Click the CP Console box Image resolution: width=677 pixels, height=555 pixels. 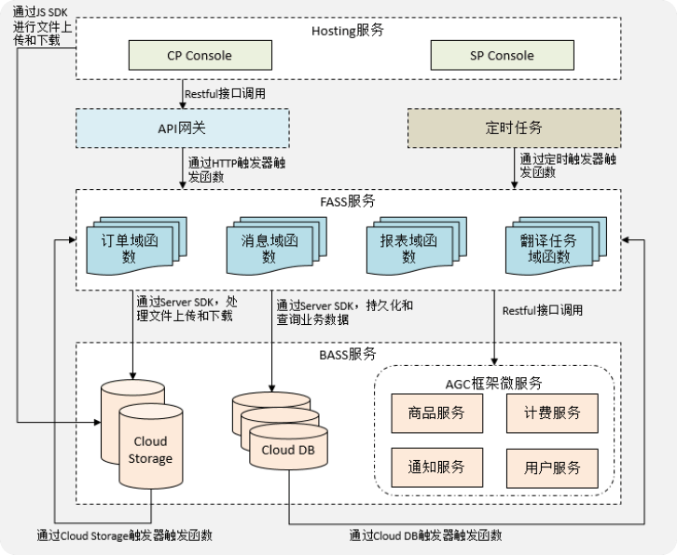(198, 55)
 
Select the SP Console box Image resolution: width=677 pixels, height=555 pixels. (496, 55)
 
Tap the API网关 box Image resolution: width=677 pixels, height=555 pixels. (183, 128)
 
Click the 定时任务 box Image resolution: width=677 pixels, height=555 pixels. (514, 128)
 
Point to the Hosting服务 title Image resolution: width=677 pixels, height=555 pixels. (347, 30)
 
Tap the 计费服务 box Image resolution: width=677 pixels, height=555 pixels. (548, 413)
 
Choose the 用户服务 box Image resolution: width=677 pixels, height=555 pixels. (548, 466)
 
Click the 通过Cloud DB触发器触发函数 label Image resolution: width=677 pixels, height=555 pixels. (425, 535)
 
